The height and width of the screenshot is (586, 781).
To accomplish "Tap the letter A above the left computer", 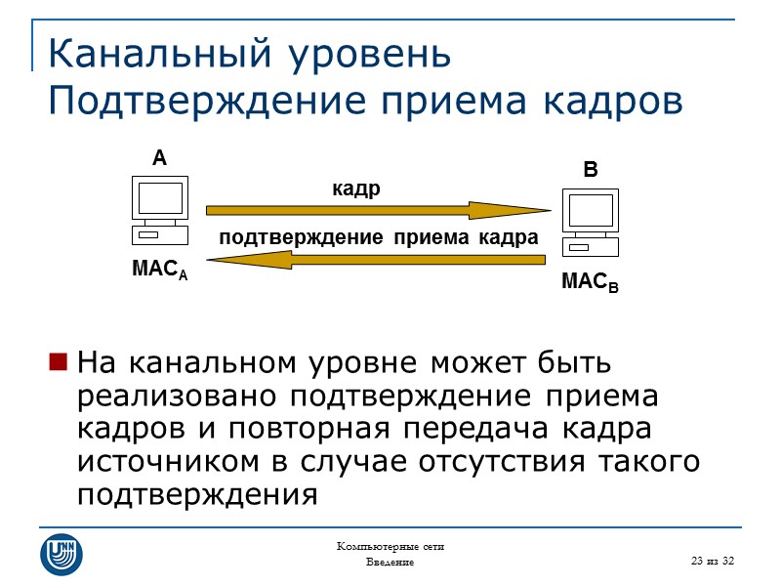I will [159, 158].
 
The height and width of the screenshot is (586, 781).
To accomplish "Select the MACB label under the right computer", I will [590, 284].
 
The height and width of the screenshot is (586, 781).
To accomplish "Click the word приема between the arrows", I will [424, 236].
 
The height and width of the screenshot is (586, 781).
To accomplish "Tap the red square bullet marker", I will [58, 364].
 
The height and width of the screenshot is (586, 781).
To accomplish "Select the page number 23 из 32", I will [712, 559].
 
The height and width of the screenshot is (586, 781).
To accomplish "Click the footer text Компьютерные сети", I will [390, 546].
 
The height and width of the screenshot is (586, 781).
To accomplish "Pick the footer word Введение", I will [390, 563].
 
